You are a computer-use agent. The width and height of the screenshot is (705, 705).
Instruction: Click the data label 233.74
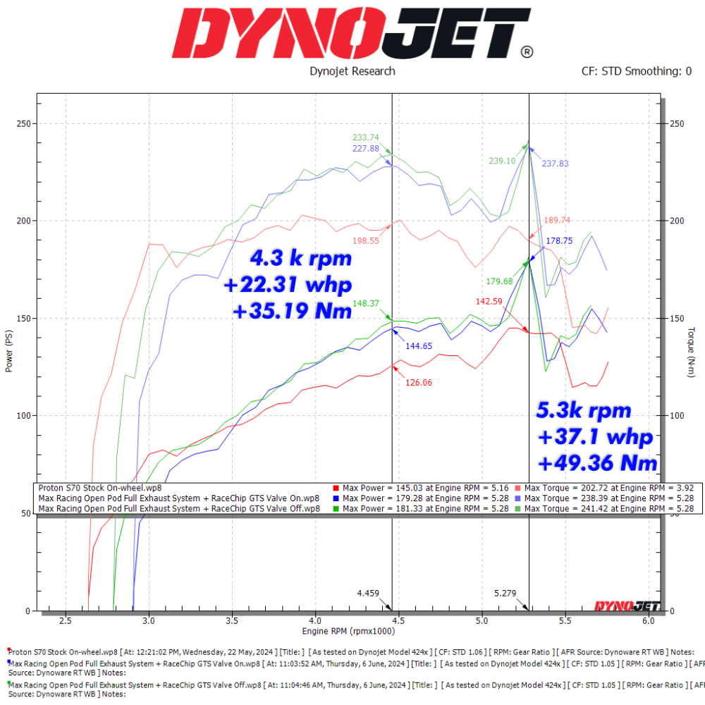tap(366, 137)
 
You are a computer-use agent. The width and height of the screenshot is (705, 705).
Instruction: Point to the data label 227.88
tap(366, 149)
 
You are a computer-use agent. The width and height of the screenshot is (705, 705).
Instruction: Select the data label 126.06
tap(419, 383)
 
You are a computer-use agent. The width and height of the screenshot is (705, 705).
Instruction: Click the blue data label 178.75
tap(559, 240)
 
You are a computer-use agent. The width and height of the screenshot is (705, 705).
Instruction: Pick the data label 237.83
tap(556, 164)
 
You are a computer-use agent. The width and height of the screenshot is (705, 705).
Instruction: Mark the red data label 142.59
tap(490, 301)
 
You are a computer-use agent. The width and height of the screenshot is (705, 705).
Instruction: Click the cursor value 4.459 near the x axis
tap(368, 593)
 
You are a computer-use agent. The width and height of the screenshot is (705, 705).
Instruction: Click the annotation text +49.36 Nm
tap(598, 463)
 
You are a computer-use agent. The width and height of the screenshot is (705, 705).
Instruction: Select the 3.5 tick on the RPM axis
tap(232, 621)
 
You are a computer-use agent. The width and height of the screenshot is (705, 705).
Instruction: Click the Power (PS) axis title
tap(9, 352)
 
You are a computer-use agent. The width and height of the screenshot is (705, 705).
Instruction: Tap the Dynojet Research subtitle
tap(352, 71)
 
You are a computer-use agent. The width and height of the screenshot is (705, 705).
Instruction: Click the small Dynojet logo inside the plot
tap(627, 605)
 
